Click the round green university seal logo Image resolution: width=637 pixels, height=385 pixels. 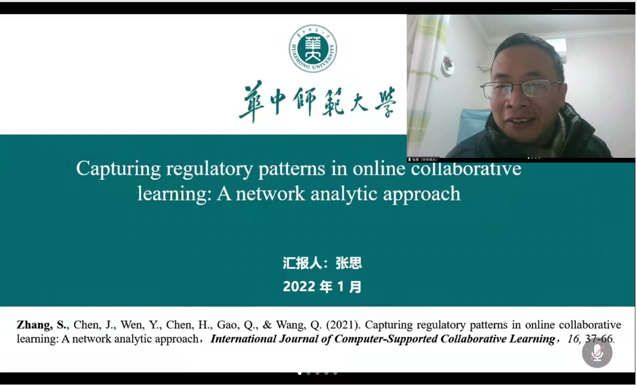(x=313, y=48)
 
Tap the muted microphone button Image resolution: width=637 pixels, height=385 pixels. (x=597, y=353)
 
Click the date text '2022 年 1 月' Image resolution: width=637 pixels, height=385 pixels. (x=322, y=287)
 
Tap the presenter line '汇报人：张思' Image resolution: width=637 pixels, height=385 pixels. (x=322, y=263)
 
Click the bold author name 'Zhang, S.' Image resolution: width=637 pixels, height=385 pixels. (x=42, y=325)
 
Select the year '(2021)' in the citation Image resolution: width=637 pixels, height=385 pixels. (x=343, y=325)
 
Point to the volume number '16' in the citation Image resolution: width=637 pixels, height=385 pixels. (x=573, y=339)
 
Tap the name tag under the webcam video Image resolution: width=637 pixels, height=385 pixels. (x=423, y=160)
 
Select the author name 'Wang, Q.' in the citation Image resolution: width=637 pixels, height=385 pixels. (x=305, y=325)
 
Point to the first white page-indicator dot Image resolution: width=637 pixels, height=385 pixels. (x=300, y=373)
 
